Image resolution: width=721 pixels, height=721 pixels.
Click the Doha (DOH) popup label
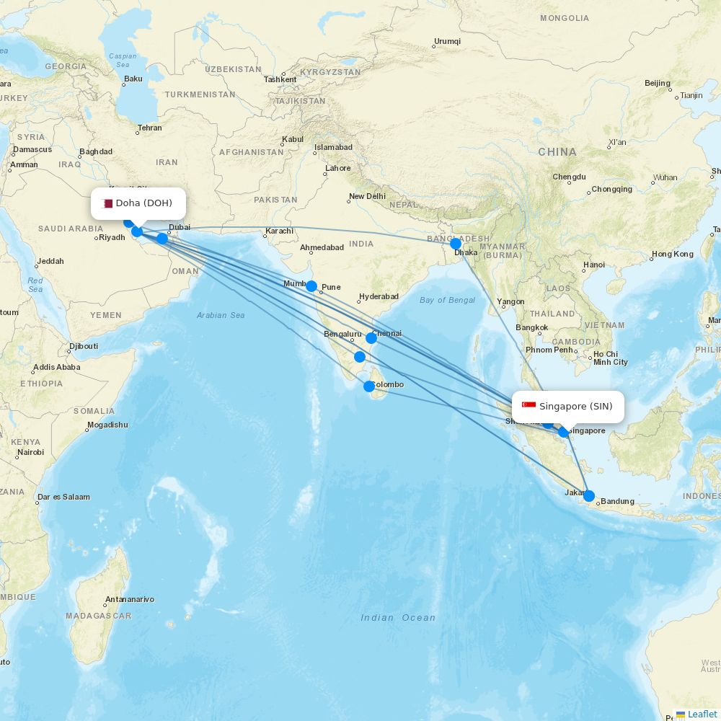(x=138, y=203)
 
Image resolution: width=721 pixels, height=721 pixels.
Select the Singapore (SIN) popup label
(x=568, y=407)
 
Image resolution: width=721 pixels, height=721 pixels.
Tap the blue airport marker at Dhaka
(x=456, y=244)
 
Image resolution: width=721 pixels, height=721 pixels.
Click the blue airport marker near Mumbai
(x=311, y=286)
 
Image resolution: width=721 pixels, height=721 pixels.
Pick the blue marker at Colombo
(x=369, y=386)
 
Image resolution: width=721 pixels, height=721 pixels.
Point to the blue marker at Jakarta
(x=589, y=496)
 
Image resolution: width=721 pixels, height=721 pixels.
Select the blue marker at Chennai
(x=371, y=337)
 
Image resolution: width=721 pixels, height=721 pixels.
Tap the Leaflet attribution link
(x=702, y=714)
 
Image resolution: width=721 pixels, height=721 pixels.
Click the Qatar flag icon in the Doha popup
(x=107, y=203)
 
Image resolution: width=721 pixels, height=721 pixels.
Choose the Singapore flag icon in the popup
(x=528, y=407)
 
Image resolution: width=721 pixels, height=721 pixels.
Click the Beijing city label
(x=658, y=83)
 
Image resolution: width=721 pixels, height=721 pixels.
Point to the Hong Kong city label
(x=672, y=254)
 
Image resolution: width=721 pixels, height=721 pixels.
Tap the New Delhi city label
(x=367, y=196)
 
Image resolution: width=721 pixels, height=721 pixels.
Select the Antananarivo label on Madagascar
(x=130, y=599)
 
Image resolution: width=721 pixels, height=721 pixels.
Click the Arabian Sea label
(x=221, y=315)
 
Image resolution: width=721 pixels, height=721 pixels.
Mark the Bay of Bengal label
(x=447, y=300)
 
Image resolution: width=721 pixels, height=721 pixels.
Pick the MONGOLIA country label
(x=565, y=18)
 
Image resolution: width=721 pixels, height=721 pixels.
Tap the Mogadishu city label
(x=107, y=425)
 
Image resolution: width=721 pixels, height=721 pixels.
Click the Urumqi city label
(x=447, y=41)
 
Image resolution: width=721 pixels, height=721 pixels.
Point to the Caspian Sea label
(x=123, y=60)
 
